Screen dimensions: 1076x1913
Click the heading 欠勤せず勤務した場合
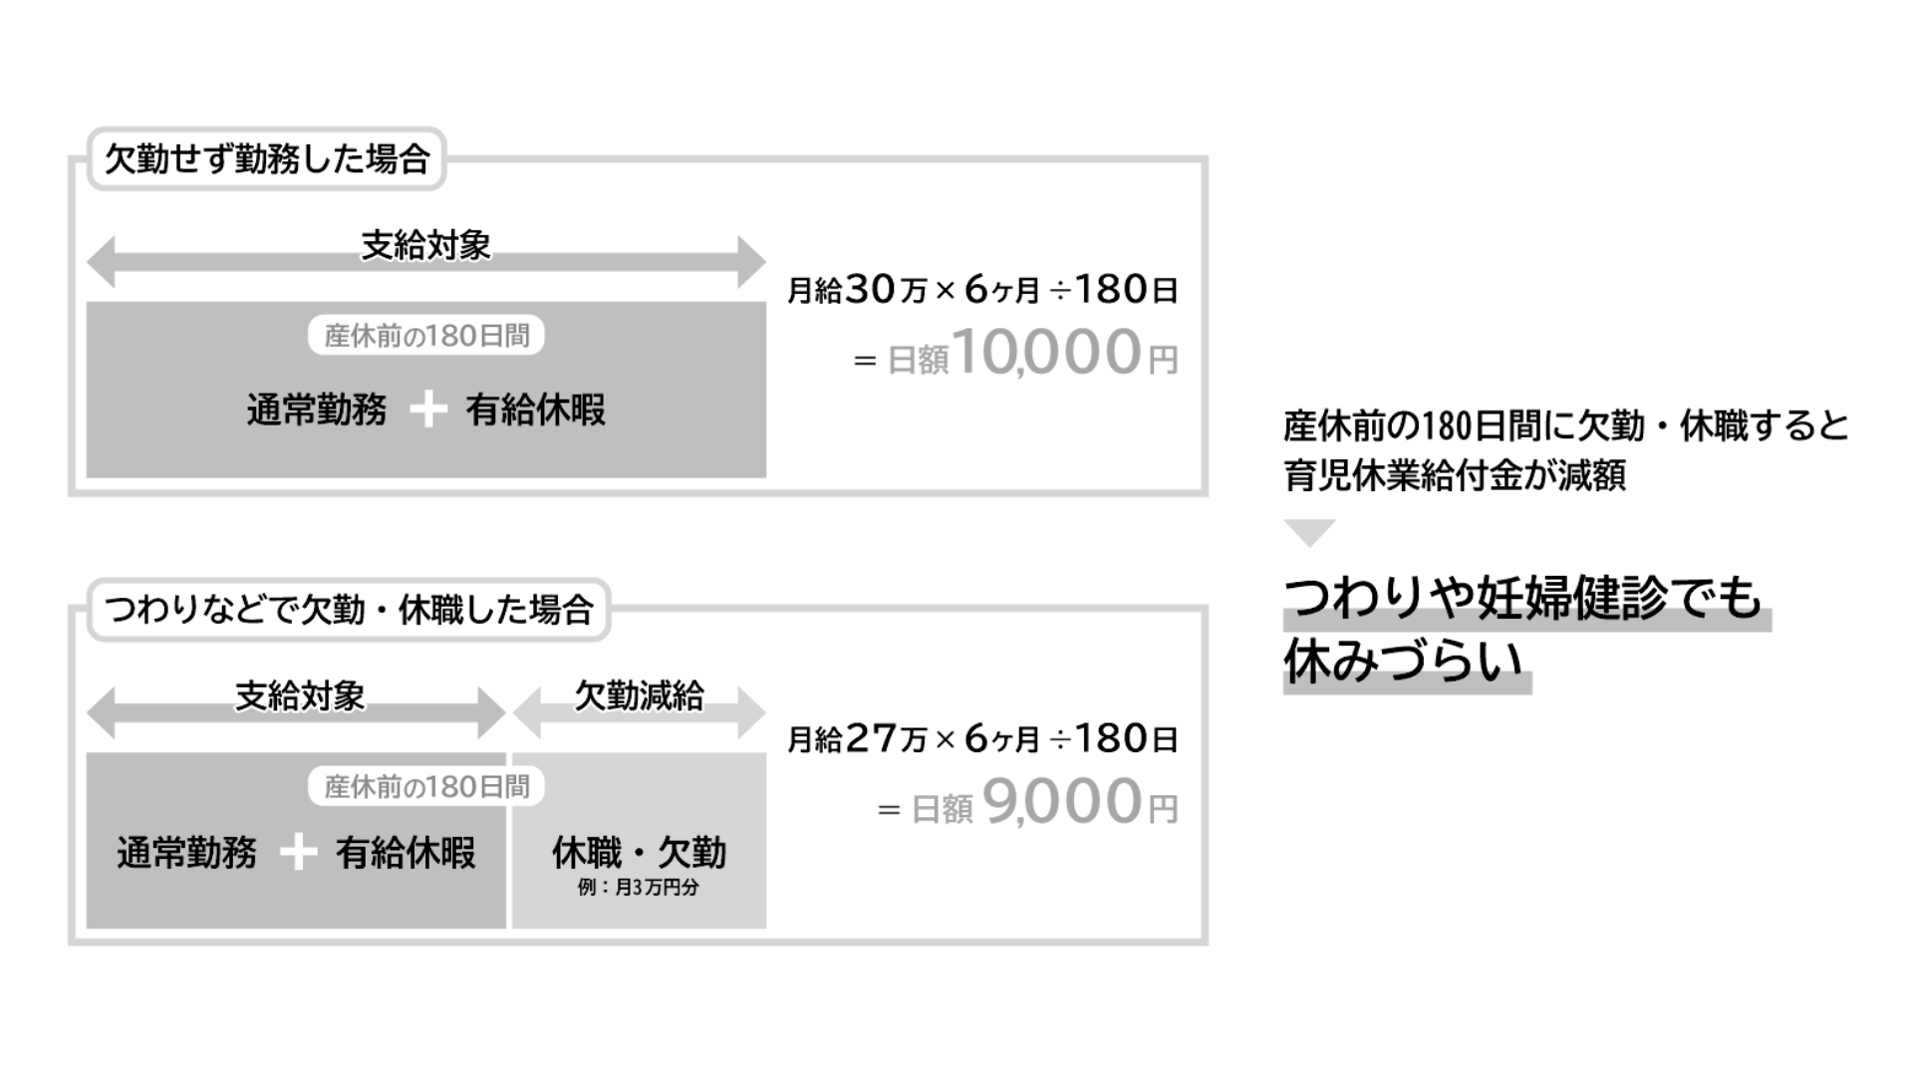[266, 159]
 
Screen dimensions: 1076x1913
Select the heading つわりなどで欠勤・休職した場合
[349, 610]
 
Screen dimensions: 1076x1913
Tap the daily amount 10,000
[1046, 353]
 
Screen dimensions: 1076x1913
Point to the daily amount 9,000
[1062, 802]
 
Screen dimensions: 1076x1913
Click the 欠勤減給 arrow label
[639, 695]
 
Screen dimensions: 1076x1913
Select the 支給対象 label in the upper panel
[425, 245]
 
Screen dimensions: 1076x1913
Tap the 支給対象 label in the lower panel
[300, 695]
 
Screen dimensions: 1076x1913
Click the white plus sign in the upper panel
[428, 409]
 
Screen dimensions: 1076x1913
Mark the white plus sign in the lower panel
[298, 853]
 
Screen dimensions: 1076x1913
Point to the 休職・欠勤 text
[639, 853]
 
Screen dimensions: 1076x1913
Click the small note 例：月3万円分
[639, 887]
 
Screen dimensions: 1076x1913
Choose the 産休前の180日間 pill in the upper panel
[426, 336]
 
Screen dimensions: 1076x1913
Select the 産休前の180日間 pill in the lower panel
[426, 787]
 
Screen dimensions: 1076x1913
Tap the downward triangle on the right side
[1309, 532]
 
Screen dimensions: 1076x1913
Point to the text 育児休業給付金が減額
[1454, 475]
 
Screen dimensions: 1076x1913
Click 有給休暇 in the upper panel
[535, 409]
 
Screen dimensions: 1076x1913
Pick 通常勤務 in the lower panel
[186, 853]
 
